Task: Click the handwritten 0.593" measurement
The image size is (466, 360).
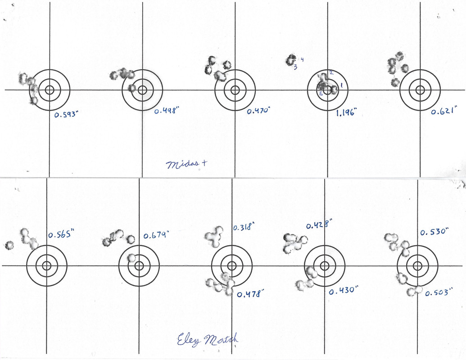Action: coord(67,115)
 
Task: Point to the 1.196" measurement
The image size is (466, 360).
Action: coord(346,113)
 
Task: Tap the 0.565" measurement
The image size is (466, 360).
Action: coord(60,234)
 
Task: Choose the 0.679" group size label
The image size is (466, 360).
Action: coord(156,235)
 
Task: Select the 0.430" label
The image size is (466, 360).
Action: coord(341,291)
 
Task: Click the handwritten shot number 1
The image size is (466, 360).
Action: coord(341,85)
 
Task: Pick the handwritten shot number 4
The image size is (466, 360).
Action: coord(302,59)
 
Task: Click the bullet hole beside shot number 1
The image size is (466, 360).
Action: coord(334,90)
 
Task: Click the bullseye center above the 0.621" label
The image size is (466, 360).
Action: coord(420,90)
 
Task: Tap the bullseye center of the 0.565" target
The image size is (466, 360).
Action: coord(47,265)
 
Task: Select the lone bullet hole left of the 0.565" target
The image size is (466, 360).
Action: coord(9,245)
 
